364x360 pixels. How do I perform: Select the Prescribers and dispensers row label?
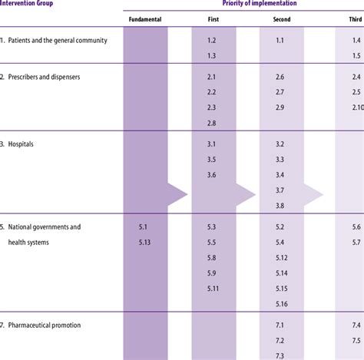click(48, 78)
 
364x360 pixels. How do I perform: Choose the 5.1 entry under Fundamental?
click(143, 227)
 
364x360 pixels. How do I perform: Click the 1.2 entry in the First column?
click(212, 39)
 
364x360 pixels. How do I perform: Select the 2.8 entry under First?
click(212, 123)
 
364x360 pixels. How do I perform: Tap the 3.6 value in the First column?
click(212, 175)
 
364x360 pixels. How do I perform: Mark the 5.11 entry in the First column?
click(213, 288)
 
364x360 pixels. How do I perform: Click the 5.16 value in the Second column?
click(280, 303)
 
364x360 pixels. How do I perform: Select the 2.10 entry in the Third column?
click(356, 107)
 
